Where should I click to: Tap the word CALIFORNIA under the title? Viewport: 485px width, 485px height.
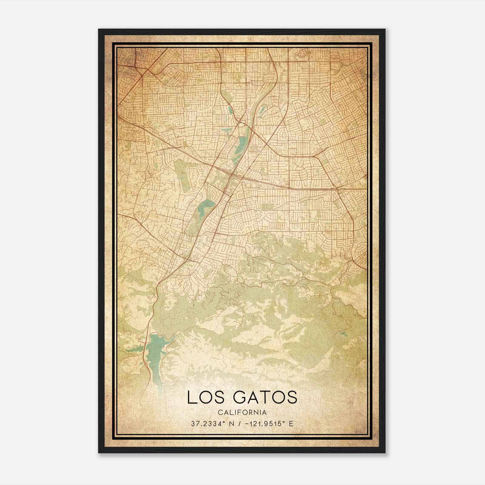(242, 412)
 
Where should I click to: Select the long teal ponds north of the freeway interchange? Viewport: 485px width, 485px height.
(243, 142)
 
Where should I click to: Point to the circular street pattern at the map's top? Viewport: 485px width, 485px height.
(302, 54)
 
